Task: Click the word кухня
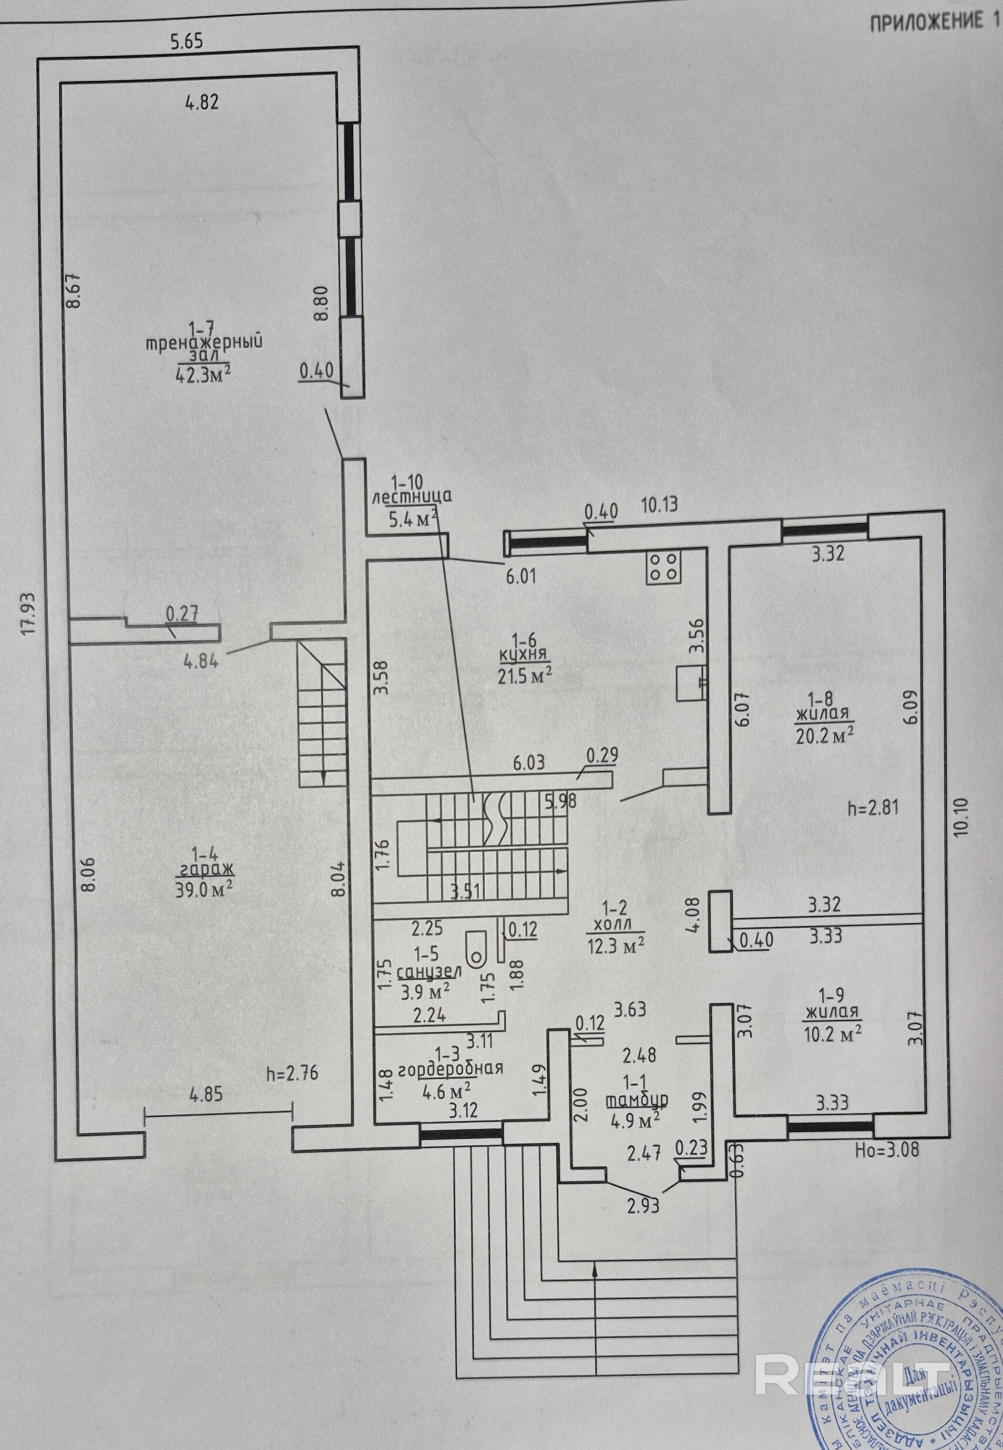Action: [x=523, y=656]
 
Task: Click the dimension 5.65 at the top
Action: [x=187, y=42]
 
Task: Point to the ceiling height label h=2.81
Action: [x=873, y=808]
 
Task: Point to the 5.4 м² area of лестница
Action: [x=413, y=519]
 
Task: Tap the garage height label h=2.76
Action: [x=292, y=1073]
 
